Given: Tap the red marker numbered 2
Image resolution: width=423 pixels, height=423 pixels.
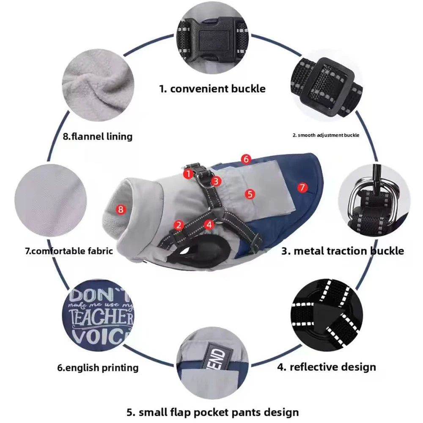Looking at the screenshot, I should [x=179, y=225].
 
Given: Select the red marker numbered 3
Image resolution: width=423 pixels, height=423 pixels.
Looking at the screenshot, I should [x=216, y=181].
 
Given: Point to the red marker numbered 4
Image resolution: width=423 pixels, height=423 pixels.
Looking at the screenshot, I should [x=209, y=225].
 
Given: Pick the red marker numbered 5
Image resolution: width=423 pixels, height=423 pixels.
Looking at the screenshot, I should [x=250, y=194].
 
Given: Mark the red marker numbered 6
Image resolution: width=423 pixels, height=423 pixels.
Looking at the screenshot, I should [x=247, y=159].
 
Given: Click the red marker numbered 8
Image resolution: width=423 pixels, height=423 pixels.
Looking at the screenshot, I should [x=121, y=209].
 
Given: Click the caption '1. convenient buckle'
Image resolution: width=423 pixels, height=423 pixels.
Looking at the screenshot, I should [x=212, y=89].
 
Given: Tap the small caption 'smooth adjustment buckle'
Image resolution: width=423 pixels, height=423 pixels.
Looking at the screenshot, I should [x=326, y=135].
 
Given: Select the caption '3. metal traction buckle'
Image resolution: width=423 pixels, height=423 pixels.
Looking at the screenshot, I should [x=343, y=251].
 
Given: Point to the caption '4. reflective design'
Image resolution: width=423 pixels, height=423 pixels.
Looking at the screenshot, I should [x=327, y=367].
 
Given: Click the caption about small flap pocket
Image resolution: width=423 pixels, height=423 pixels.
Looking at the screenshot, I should [x=213, y=412].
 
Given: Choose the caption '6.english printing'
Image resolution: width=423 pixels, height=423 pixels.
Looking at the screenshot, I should [x=98, y=368].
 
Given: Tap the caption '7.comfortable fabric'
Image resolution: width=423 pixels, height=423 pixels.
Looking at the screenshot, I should [x=69, y=251].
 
